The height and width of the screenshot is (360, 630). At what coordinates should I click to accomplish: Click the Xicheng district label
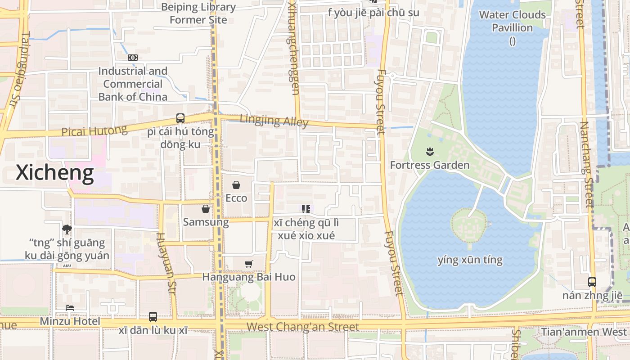coord(55,173)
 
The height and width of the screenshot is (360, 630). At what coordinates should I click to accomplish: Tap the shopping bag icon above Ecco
coord(236,185)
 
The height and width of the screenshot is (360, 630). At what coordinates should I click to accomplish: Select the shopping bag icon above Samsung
coord(206,209)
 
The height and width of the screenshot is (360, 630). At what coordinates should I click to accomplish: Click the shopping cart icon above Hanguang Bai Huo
coord(249,264)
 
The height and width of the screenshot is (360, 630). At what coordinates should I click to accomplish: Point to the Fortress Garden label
coord(430,165)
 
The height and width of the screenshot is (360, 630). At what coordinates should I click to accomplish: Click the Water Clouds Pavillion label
coord(512,21)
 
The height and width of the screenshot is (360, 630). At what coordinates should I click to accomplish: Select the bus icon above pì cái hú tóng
coord(180,118)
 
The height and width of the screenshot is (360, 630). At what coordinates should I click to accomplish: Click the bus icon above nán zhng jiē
coord(592,282)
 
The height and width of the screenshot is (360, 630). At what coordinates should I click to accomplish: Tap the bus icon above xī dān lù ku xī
coord(153,317)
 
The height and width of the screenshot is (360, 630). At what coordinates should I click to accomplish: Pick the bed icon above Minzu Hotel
coord(70,308)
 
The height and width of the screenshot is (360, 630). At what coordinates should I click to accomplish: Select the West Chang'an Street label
coord(303,327)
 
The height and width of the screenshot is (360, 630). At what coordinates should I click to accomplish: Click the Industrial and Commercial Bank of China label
coord(133,84)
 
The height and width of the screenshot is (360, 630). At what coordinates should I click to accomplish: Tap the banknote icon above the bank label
coord(133,58)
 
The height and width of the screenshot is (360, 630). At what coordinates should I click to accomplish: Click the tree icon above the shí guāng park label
coord(67,229)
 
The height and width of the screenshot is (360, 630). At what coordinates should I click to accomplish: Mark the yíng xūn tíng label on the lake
coord(470,260)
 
